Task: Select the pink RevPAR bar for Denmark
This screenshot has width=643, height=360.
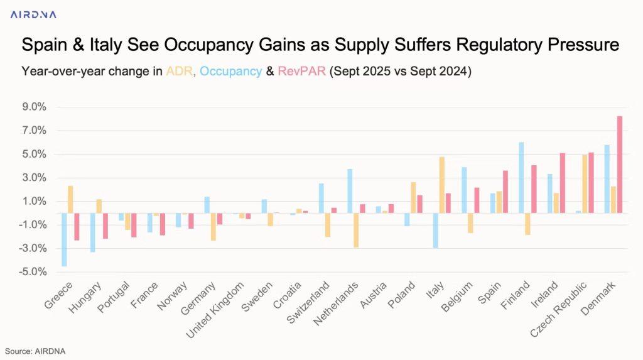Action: (619, 165)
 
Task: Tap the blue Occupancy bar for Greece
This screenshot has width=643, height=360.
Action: (64, 239)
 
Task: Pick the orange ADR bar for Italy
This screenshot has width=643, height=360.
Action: (442, 185)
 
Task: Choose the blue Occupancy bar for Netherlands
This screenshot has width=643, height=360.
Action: (350, 191)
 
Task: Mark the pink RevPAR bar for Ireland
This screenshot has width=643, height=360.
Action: (562, 183)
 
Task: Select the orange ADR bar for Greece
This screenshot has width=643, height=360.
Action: (71, 199)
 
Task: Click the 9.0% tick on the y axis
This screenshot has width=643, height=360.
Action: (34, 107)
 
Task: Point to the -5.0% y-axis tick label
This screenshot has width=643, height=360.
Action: (33, 272)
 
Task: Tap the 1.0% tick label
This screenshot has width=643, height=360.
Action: (34, 201)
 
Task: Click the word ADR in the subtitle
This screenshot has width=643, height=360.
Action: (180, 71)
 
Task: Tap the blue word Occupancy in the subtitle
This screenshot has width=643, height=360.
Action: (230, 71)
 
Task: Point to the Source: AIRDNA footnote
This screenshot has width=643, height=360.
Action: (35, 351)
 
